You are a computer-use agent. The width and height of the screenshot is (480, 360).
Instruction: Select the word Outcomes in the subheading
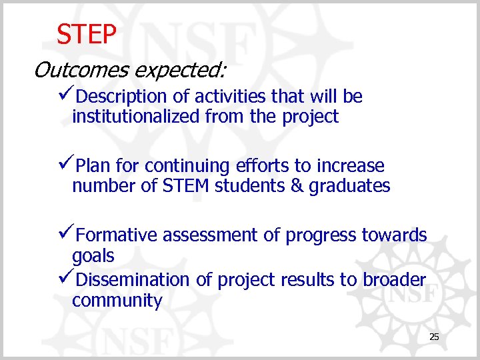pyautogui.click(x=69, y=69)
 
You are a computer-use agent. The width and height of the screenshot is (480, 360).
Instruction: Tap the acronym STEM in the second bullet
pyautogui.click(x=186, y=186)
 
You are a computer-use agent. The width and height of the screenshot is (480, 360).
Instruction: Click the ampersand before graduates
pyautogui.click(x=297, y=186)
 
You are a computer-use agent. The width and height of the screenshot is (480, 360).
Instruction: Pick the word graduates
pyautogui.click(x=349, y=186)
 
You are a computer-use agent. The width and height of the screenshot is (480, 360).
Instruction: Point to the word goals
pyautogui.click(x=93, y=257)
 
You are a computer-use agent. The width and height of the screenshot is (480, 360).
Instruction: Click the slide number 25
pyautogui.click(x=434, y=337)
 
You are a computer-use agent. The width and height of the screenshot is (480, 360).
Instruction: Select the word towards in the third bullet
pyautogui.click(x=394, y=235)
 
